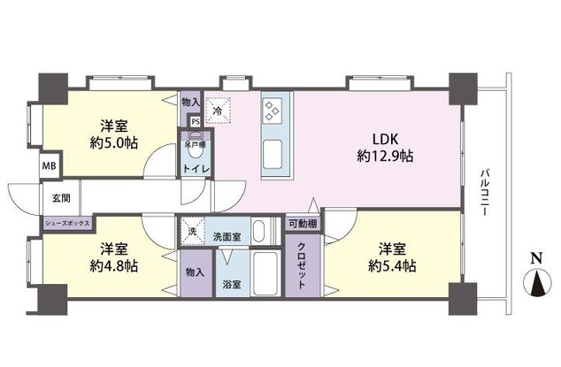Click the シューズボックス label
pos(66,224)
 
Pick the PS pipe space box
pos(195,123)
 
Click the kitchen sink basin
pos(273,149)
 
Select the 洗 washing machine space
pos(192,231)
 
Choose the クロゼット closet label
pos(301,267)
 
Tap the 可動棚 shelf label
pos(302,226)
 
